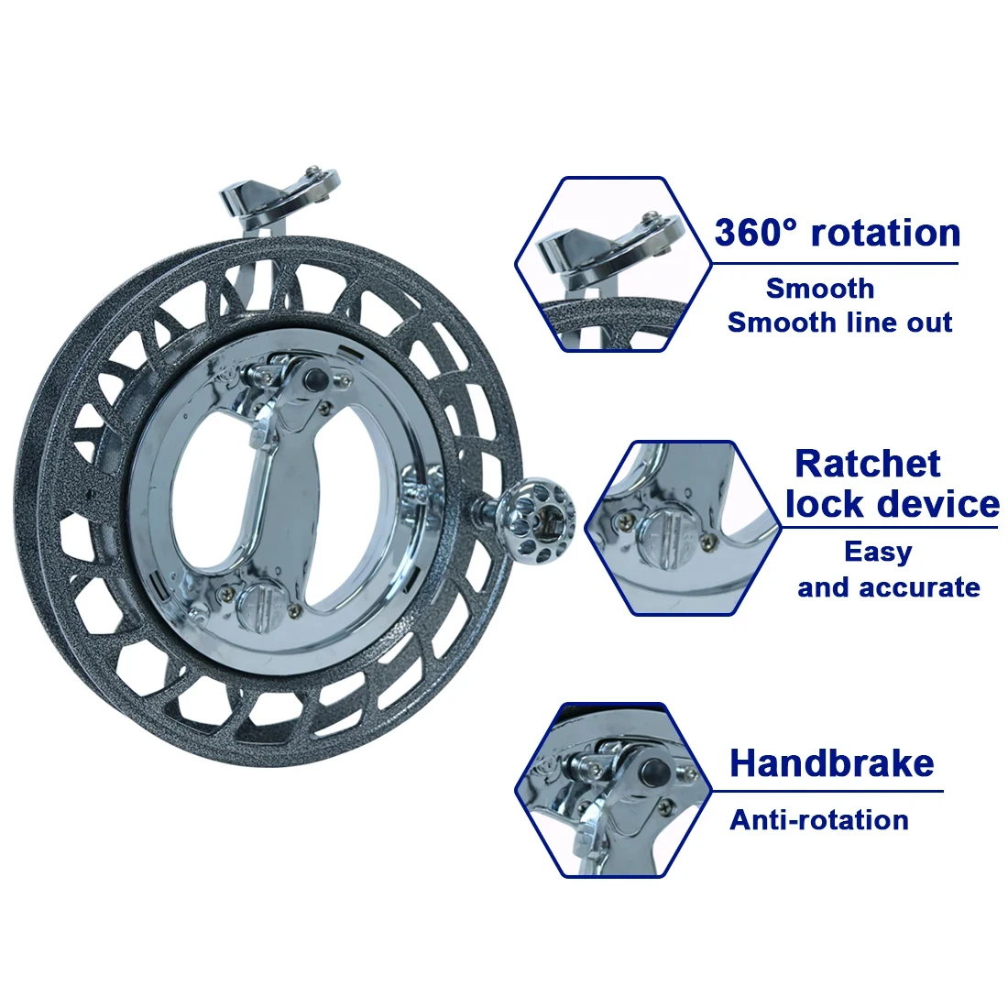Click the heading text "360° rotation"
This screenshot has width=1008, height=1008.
pyautogui.click(x=837, y=232)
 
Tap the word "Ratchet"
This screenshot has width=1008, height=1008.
pyautogui.click(x=867, y=463)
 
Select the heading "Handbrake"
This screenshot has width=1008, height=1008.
pyautogui.click(x=832, y=763)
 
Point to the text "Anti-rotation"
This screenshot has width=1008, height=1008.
pyautogui.click(x=819, y=819)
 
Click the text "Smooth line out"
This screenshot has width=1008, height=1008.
pyautogui.click(x=839, y=322)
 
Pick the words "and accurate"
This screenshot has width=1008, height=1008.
pyautogui.click(x=889, y=586)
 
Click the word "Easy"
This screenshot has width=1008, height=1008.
pyautogui.click(x=878, y=553)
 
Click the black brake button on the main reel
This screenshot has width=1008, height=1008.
pyautogui.click(x=315, y=377)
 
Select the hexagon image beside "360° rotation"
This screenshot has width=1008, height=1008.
pyautogui.click(x=613, y=264)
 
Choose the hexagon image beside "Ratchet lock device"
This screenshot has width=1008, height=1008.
pyautogui.click(x=683, y=529)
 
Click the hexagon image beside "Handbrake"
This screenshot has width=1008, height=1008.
pyautogui.click(x=613, y=790)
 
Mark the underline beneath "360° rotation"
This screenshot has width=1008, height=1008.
pyautogui.click(x=836, y=263)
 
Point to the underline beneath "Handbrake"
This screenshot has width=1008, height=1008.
pyautogui.click(x=828, y=791)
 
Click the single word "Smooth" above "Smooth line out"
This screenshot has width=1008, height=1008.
pyautogui.click(x=819, y=289)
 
